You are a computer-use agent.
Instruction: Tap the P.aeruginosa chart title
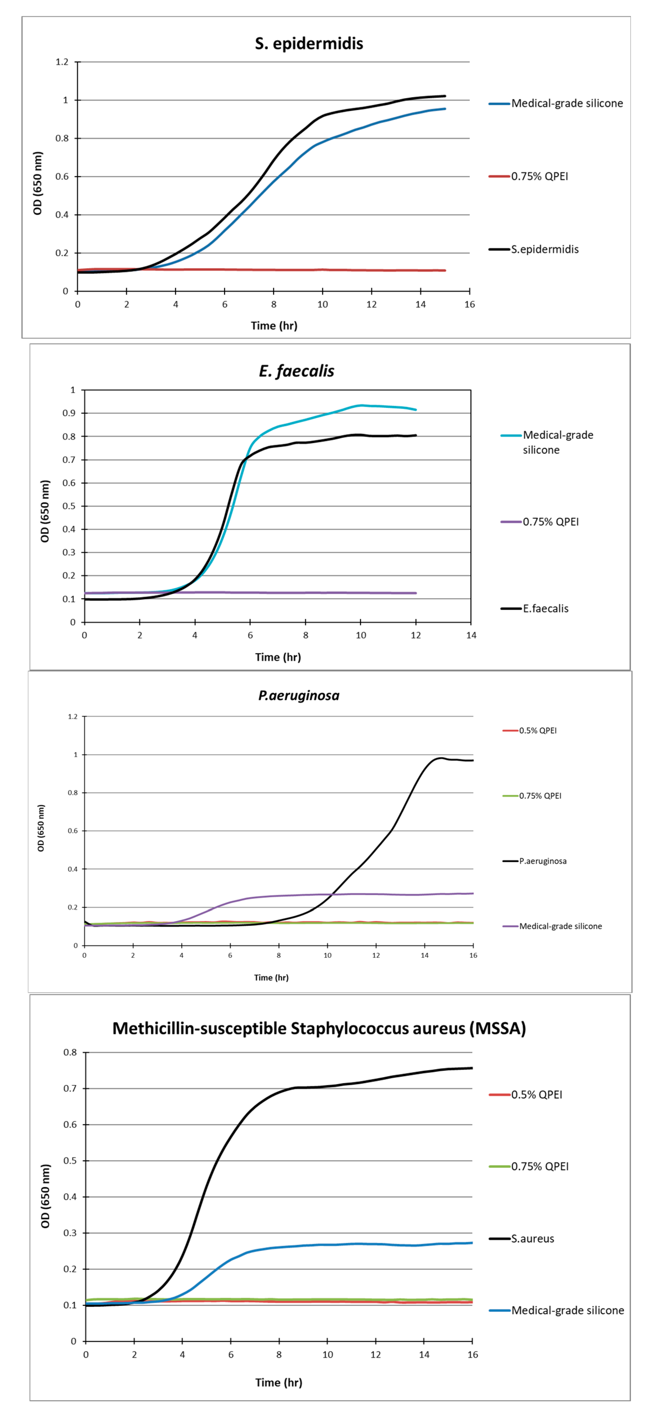point(299,696)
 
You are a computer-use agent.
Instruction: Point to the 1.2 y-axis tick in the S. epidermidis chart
point(62,62)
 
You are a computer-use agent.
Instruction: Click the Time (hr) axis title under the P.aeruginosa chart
point(271,978)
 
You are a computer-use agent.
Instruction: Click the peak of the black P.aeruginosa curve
point(440,758)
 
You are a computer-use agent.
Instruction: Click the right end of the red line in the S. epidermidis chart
point(445,271)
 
